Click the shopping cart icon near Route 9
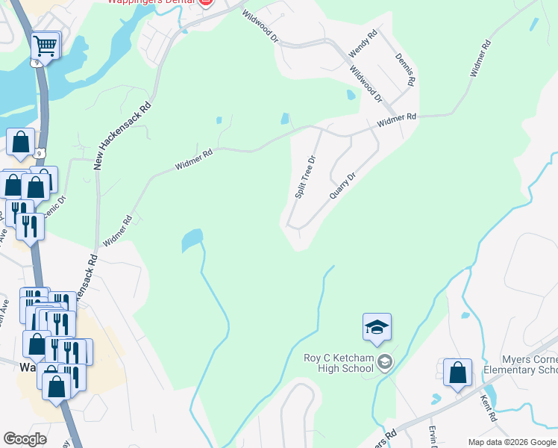pos(45,46)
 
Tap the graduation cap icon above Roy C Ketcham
pos(377,327)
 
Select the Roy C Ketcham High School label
pos(338,363)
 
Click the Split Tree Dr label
pos(306,177)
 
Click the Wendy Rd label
pos(363,45)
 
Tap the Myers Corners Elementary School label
pos(520,365)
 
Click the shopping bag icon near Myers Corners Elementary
pos(457,373)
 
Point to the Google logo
pos(25,439)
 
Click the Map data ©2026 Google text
pos(512,442)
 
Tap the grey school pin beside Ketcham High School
pos(384,363)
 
